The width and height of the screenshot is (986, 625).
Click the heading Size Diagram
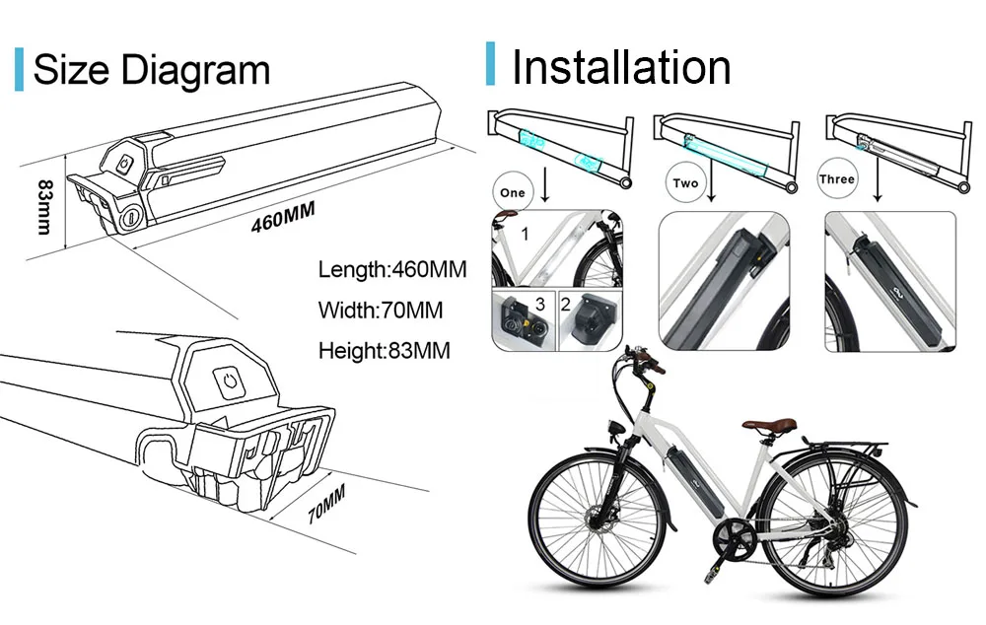tap(151, 70)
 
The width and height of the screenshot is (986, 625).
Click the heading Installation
tap(621, 66)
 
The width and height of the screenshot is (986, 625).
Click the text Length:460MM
tap(391, 269)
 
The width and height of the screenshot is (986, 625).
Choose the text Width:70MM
tap(380, 310)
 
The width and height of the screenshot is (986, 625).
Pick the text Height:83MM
tap(385, 350)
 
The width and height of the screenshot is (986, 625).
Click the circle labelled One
tap(513, 191)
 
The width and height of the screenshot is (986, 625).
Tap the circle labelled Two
tap(685, 183)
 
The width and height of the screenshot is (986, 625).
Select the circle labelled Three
tap(837, 179)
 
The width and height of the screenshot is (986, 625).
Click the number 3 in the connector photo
tap(539, 302)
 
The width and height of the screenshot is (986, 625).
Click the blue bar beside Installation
tap(490, 64)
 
